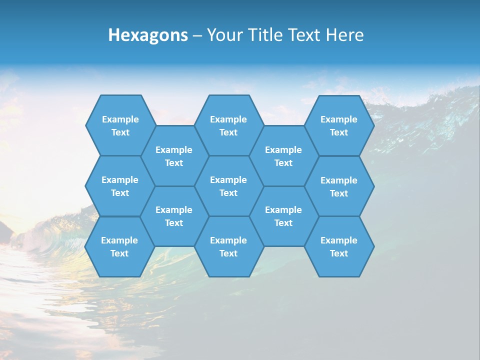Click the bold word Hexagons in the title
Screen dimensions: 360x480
(148, 35)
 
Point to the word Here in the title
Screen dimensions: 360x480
(344, 35)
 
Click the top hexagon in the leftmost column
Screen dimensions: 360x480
(120, 125)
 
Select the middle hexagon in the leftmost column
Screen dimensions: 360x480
(120, 186)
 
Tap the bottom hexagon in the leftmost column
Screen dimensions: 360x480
(119, 246)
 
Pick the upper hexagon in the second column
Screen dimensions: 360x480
(174, 156)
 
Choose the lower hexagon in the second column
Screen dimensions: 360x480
(174, 216)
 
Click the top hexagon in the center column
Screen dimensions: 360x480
(228, 125)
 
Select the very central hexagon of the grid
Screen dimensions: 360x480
(228, 186)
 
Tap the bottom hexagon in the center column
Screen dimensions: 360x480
(228, 246)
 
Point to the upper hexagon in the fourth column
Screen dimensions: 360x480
(283, 156)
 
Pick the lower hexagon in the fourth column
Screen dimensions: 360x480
(283, 216)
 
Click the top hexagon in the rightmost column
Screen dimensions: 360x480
(339, 125)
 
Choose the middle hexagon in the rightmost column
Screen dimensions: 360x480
(339, 186)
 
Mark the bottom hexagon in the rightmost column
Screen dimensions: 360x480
(339, 246)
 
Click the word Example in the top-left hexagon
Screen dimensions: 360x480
(120, 119)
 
